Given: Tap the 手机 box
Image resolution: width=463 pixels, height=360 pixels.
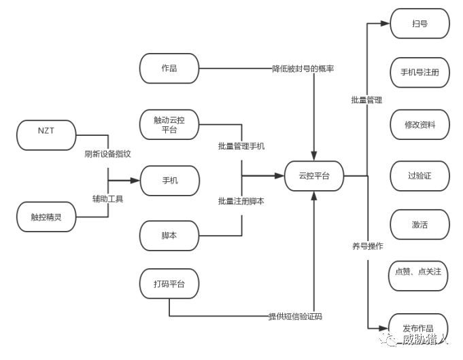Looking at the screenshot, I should pos(169,181).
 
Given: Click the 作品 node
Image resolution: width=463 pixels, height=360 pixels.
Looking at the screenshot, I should pos(169,68).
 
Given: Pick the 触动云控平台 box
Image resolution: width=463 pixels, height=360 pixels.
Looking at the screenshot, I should pos(169,124).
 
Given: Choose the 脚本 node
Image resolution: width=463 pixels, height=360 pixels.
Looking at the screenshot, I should pos(169,235).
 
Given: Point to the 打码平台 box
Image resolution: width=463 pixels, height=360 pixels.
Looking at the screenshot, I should pos(169,283).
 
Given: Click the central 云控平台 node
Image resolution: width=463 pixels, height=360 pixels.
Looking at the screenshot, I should pos(314,175).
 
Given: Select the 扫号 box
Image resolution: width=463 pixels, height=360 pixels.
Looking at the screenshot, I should pos(419,24).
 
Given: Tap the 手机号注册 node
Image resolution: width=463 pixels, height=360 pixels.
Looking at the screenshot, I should pos(419,73).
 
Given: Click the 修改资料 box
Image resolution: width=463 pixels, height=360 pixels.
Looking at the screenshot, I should pos(419,124).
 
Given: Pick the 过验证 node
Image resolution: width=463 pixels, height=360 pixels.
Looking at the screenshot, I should pos(419,175).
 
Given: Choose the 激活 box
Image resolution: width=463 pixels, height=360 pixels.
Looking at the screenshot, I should pos(419,224).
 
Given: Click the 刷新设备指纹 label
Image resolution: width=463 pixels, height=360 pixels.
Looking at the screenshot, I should pos(108,153).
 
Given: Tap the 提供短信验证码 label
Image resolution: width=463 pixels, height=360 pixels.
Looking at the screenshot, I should pos(295,317).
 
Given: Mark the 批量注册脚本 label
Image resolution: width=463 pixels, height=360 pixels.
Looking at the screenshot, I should pos(241,201).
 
